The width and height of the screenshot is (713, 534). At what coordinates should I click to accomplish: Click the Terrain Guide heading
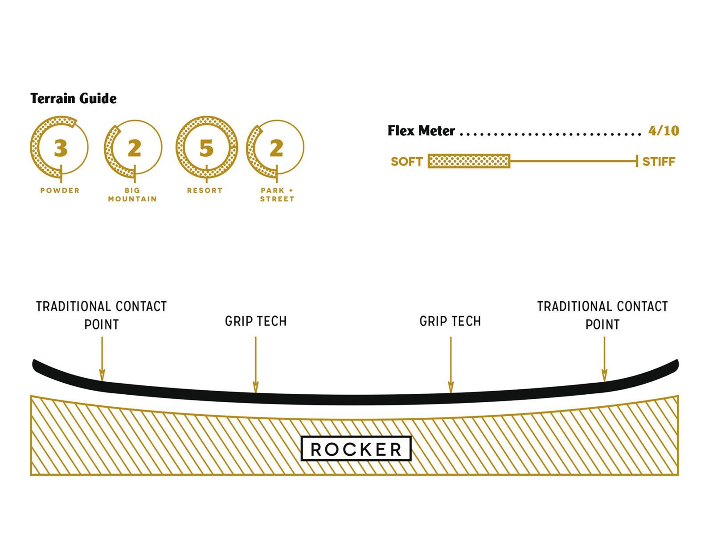coord(74,98)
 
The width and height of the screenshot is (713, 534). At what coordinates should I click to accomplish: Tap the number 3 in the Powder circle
coord(61,148)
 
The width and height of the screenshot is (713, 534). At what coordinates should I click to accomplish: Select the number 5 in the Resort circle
coord(206,148)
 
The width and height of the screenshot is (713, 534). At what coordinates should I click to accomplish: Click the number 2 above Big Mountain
coord(134,148)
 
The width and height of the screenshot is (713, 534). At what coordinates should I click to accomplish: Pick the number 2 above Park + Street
coord(276,148)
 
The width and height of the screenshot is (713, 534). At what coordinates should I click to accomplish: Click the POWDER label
coord(60,190)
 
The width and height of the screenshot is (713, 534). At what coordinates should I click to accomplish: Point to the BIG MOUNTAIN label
coord(132,194)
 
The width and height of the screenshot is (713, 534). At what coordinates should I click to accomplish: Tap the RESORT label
coord(205,190)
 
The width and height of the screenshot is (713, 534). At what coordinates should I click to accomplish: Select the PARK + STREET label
coord(277,194)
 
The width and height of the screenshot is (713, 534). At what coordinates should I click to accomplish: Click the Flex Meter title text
coord(421,131)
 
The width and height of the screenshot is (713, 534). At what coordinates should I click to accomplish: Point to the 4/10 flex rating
coord(664,131)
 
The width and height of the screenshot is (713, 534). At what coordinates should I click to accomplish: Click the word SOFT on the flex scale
coord(406,162)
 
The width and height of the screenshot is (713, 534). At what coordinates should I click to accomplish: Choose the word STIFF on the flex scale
coord(659,162)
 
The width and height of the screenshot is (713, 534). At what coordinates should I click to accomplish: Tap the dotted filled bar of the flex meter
coord(468,161)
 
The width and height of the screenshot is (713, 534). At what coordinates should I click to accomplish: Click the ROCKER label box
coord(356,449)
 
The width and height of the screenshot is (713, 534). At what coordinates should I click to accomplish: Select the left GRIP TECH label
coord(256,321)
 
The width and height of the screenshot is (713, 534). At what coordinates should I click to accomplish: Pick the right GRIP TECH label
coord(451,321)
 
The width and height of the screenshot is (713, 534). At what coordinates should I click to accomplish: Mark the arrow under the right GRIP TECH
coord(451,365)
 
